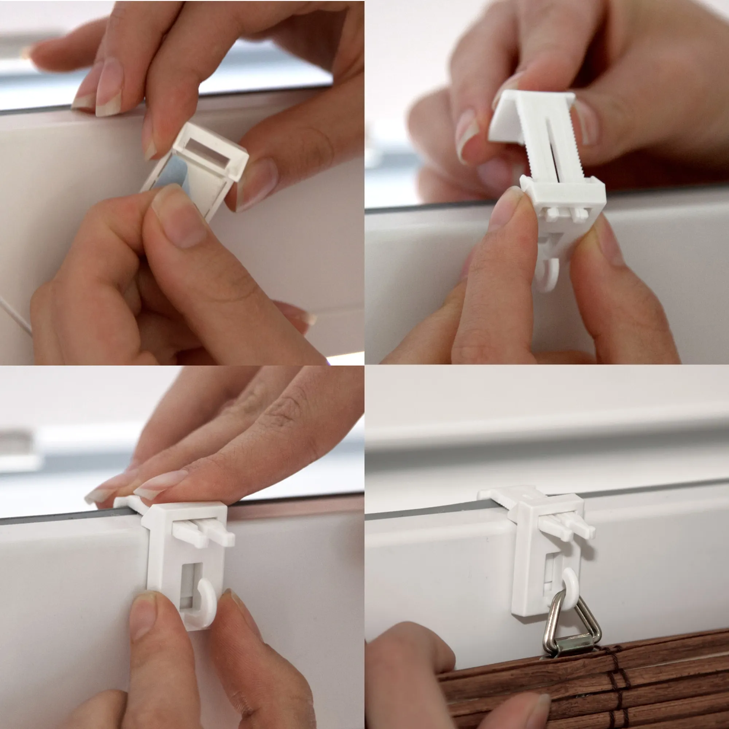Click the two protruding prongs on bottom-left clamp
pos(204,534)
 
